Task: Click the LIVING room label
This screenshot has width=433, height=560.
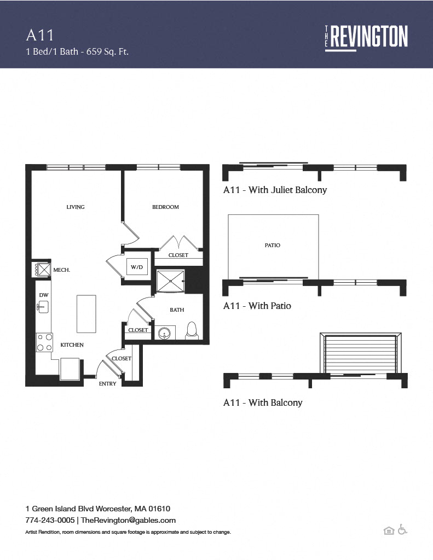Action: click(76, 207)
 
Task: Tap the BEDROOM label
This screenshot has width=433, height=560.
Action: click(165, 207)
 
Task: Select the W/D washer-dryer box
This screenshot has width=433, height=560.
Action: click(137, 267)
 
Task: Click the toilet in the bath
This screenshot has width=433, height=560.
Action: click(192, 330)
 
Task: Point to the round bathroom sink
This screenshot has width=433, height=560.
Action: click(164, 333)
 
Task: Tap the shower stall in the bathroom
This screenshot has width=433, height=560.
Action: click(171, 281)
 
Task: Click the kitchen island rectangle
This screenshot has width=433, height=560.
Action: click(86, 314)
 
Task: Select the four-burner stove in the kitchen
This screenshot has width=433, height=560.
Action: click(44, 342)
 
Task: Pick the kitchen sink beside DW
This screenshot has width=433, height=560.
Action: click(43, 307)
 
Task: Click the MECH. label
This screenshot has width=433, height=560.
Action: click(61, 270)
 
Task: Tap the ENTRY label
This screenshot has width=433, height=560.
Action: click(108, 383)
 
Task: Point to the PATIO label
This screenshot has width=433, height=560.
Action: click(273, 246)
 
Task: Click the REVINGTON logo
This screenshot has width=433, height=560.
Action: click(367, 38)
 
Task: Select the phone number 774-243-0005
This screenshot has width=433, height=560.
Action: click(50, 520)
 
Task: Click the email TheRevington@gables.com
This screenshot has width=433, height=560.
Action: click(128, 521)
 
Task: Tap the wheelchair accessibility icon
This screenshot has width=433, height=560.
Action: click(402, 529)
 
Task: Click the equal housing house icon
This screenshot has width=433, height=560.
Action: click(389, 530)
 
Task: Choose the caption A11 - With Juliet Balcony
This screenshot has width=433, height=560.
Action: click(275, 190)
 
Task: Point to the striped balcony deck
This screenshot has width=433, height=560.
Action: click(360, 354)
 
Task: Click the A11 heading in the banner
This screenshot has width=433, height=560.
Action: click(40, 36)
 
